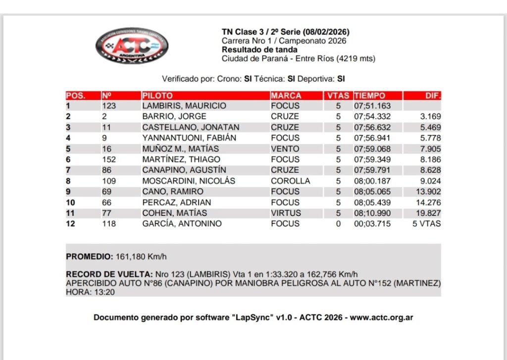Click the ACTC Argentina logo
pos(132,46)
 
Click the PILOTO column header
pos(157,96)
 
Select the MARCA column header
pos(286,96)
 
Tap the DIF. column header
pos(433,96)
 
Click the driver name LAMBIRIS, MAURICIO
pos(184,106)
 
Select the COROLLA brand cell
pos(291,181)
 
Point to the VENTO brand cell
pos(285,149)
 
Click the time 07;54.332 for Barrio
pos(372,117)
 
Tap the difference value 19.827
pos(428,213)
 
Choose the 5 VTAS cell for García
pos(427,224)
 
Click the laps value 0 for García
pos(339,224)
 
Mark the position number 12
pos(70,224)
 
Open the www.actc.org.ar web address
pos(381,317)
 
